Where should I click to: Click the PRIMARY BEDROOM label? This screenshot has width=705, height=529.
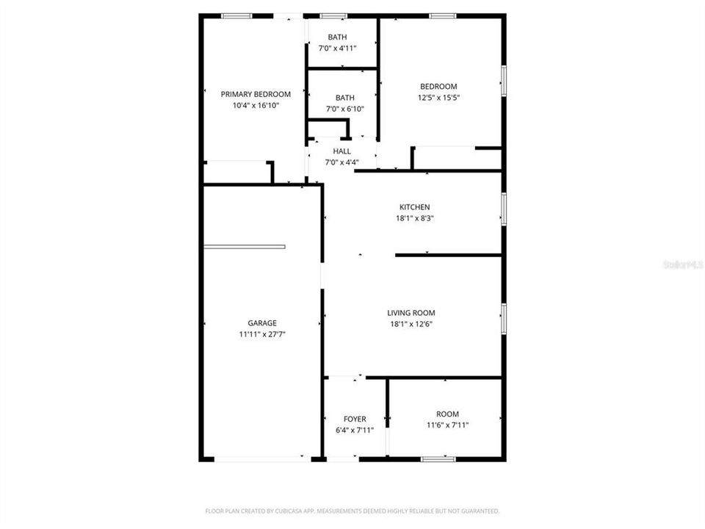256,94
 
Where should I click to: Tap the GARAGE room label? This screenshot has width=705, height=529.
262,323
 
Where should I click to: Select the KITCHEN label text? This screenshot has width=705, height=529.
414,207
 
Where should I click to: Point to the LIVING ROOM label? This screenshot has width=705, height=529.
411,313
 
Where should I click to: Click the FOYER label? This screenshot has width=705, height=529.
355,419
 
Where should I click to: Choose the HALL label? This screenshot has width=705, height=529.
341,151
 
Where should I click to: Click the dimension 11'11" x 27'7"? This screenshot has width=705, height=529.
262,334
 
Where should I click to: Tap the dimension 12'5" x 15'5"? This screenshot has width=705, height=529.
438,98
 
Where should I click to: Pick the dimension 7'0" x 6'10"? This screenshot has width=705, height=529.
344,109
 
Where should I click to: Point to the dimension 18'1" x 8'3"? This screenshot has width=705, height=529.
414,218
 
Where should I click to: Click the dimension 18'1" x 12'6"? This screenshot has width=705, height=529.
411,324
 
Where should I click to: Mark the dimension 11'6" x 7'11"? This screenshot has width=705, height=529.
447,425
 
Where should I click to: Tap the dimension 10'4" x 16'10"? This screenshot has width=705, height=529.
256,106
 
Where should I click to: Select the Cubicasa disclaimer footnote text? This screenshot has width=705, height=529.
352,511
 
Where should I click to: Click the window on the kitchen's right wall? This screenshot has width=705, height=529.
504,208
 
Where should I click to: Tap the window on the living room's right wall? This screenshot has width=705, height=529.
504,317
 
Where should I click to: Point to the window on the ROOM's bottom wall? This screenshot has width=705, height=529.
438,459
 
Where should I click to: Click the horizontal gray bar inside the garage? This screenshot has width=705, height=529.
245,247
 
